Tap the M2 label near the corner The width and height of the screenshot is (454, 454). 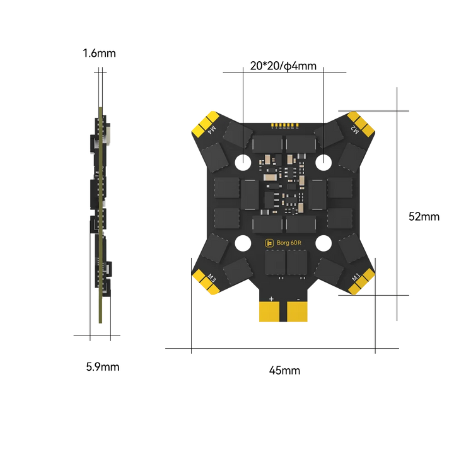[x=355, y=131]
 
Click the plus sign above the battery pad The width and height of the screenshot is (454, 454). [x=271, y=298]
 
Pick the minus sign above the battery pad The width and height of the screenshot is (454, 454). [x=296, y=298]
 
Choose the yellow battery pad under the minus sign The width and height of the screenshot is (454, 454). [x=297, y=310]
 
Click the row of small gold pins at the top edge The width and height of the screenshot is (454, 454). [x=283, y=124]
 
